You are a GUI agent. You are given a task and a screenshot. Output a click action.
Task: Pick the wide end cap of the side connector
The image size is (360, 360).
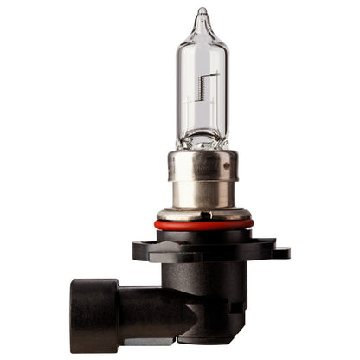pyautogui.click(x=93, y=317)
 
